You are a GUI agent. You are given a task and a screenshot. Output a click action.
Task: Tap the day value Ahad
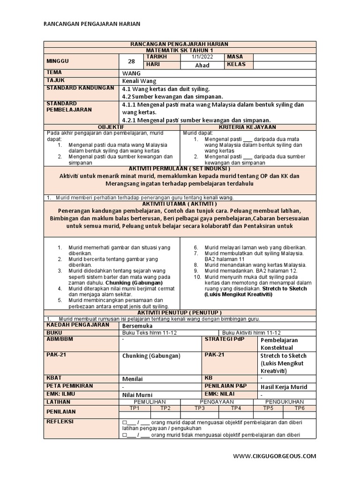coord(202,65)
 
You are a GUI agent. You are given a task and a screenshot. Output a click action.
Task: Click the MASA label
coord(235,57)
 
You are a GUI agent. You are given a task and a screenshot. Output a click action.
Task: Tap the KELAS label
coord(236,65)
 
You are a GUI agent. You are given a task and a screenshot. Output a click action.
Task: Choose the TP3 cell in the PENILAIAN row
coord(200,408)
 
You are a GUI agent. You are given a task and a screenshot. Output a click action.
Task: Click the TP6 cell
coord(300,408)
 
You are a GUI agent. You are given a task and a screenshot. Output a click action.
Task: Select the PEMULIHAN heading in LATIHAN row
coord(150,402)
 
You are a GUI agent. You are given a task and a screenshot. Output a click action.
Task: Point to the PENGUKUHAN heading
coord(285,402)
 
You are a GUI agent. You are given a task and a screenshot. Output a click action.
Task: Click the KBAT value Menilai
coord(132,378)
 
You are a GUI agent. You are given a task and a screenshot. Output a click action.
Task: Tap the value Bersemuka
coord(136,325)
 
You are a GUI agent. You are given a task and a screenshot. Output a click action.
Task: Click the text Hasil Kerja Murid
coord(284,387)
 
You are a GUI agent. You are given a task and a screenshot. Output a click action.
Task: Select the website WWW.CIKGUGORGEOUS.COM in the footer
coord(275,456)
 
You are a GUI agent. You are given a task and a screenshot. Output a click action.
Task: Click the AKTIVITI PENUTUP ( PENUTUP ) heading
coord(180,313)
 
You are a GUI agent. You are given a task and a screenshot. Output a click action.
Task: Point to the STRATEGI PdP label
coord(224,339)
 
